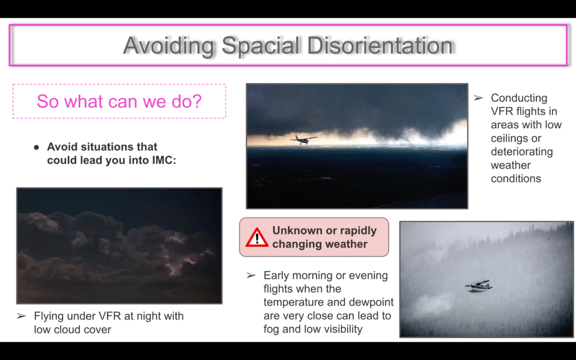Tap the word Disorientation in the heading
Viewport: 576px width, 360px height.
pyautogui.click(x=380, y=46)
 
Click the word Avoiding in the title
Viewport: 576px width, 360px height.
pyautogui.click(x=168, y=46)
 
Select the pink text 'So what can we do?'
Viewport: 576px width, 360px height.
pyautogui.click(x=119, y=101)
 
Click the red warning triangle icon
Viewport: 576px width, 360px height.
pyautogui.click(x=256, y=237)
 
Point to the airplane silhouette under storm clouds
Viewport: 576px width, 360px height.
pyautogui.click(x=303, y=139)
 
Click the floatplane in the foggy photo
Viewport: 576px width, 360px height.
pyautogui.click(x=478, y=286)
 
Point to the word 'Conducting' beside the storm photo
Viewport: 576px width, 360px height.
pyautogui.click(x=519, y=98)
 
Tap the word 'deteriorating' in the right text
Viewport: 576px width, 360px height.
pyautogui.click(x=521, y=152)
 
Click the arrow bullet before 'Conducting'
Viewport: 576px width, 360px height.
pyautogui.click(x=478, y=98)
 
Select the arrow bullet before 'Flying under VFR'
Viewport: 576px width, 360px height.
pyautogui.click(x=21, y=316)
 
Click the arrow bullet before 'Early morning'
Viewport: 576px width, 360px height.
pyautogui.click(x=251, y=275)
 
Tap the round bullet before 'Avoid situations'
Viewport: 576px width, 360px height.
pyautogui.click(x=37, y=147)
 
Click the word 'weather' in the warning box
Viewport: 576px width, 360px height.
pyautogui.click(x=346, y=244)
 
